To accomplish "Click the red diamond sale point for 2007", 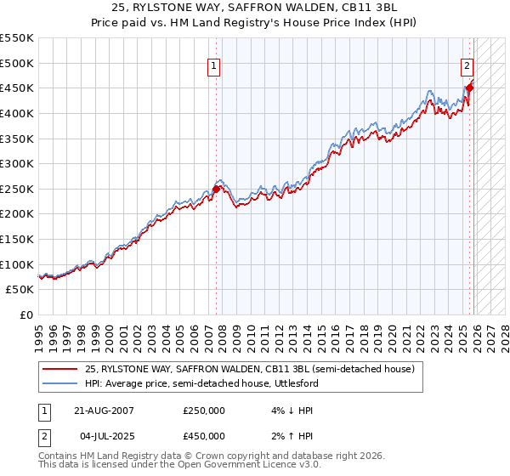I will coord(216,189).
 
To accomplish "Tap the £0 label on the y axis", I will coord(25,314).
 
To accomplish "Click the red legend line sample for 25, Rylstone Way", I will coord(60,369).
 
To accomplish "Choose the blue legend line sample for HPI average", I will coord(60,383).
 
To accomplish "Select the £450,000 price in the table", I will coord(204,436).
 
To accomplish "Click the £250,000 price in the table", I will coord(204,410).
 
